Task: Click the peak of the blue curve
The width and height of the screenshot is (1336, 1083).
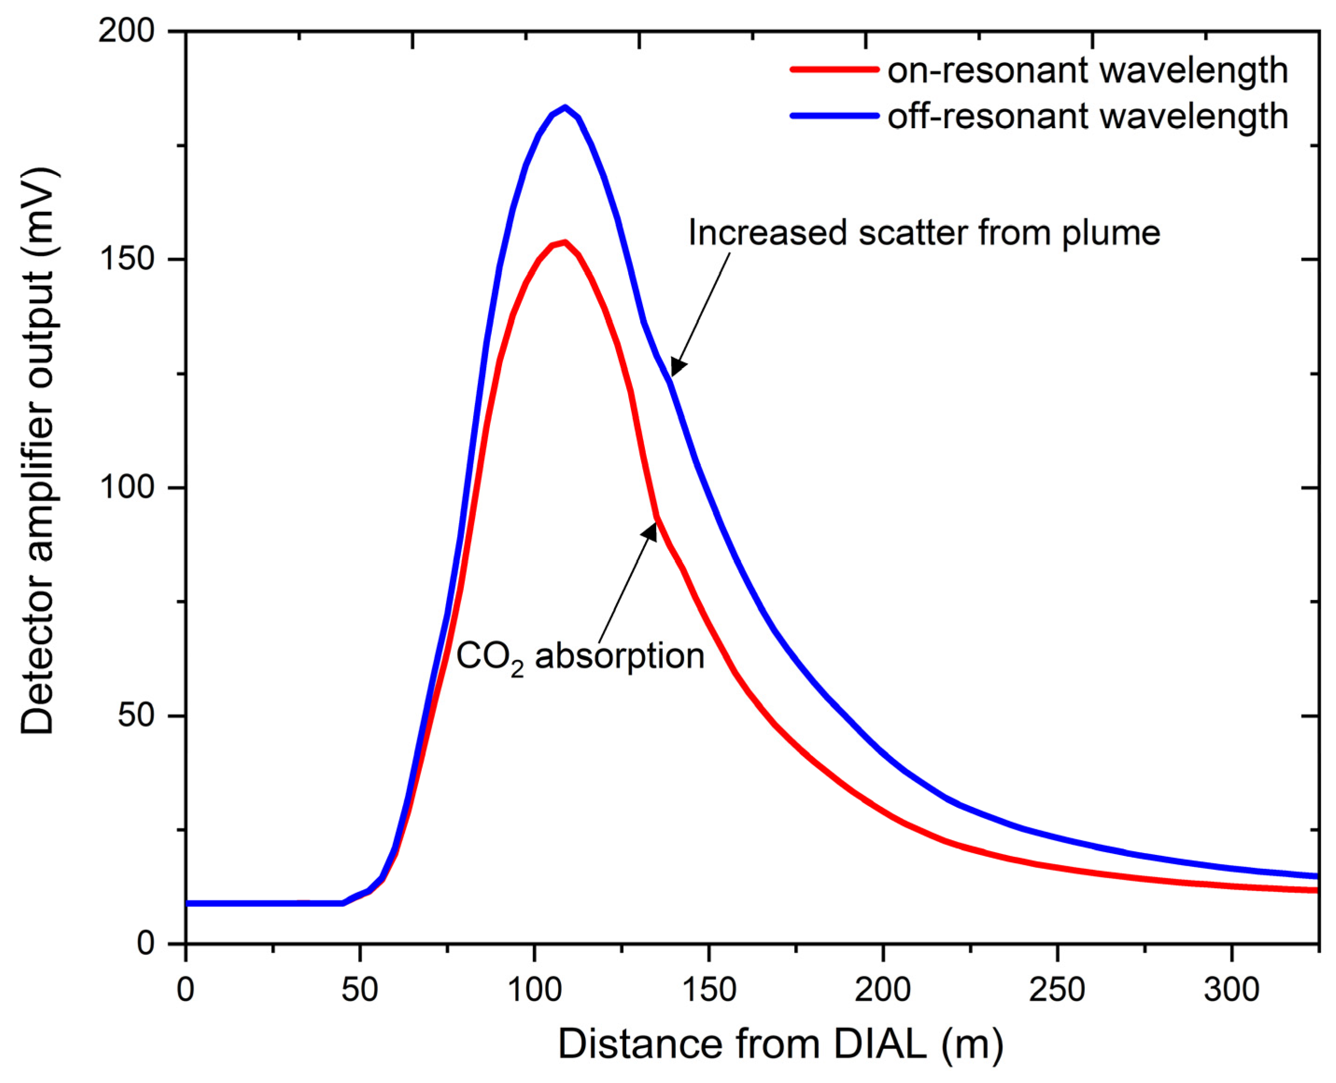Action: [566, 107]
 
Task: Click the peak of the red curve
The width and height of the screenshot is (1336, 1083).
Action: [565, 242]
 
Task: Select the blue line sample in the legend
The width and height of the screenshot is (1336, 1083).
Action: [834, 115]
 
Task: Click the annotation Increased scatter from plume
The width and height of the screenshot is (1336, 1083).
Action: [924, 233]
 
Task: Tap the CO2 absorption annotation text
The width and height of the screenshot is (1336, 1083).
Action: [581, 657]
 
